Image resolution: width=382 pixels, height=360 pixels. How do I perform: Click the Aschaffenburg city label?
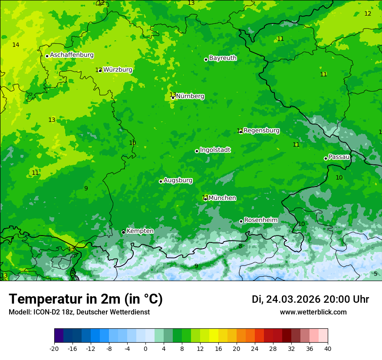72,55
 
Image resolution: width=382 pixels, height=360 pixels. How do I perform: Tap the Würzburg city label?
118,70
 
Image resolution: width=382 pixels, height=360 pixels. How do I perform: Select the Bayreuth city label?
223,58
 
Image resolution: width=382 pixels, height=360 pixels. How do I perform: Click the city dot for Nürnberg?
173,98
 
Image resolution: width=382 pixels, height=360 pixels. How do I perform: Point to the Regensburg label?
261,131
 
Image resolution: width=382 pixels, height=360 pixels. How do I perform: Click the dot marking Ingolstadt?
197,151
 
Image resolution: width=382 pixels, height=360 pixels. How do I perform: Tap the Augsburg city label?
178,180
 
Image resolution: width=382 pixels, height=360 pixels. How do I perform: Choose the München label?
222,198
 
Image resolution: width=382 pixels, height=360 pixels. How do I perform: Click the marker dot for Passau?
326,158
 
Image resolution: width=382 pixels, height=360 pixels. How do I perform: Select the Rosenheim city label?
261,220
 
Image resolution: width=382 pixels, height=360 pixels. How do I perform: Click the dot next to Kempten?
123,232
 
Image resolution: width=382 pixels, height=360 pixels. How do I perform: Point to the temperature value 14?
16,45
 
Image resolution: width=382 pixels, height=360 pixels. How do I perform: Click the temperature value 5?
375,274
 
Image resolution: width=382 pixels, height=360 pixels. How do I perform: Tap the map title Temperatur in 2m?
86,299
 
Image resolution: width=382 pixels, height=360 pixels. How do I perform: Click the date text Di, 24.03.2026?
286,299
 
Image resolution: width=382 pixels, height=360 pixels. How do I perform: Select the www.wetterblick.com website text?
313,312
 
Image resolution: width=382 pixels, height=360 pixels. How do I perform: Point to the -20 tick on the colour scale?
54,349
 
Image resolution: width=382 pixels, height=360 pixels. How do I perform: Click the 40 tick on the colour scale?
327,349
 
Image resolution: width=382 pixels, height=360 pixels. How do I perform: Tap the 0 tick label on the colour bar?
145,349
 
